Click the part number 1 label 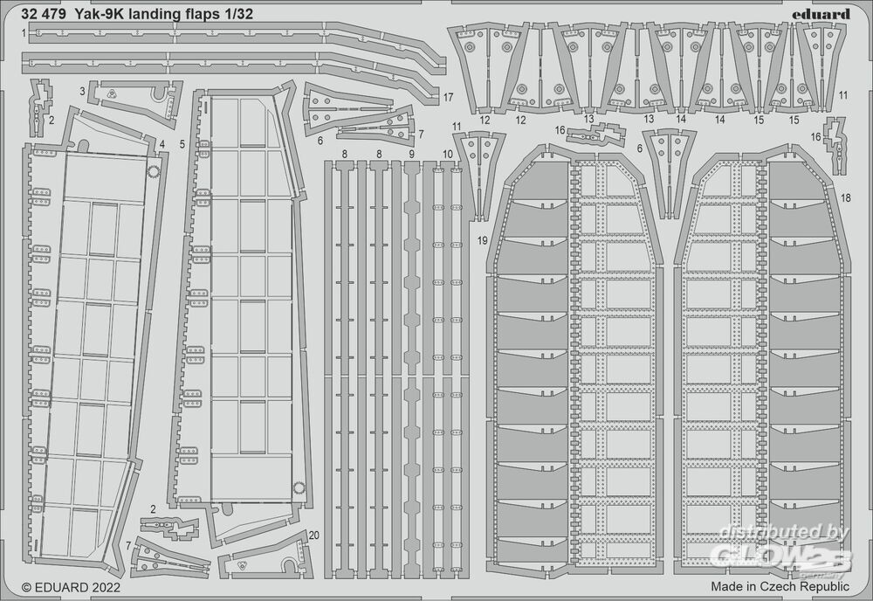[x=24, y=33]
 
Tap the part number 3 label [x=82, y=91]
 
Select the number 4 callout [x=162, y=145]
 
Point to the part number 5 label [x=182, y=145]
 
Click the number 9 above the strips [x=411, y=153]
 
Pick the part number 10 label [x=448, y=153]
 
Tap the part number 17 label [x=448, y=98]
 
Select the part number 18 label [x=846, y=197]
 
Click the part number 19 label [x=483, y=240]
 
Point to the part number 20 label [x=314, y=535]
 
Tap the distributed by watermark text [x=783, y=532]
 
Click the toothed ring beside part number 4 [x=153, y=171]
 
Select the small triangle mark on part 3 [x=112, y=94]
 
